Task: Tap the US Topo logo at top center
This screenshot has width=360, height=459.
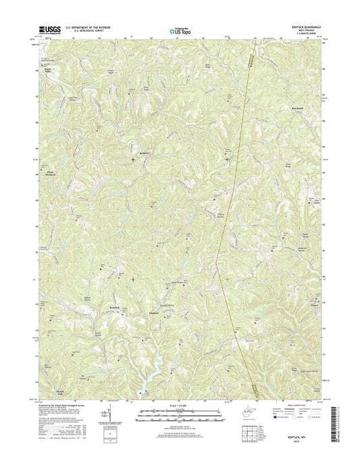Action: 180,30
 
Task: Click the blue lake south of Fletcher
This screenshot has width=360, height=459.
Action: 159,368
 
